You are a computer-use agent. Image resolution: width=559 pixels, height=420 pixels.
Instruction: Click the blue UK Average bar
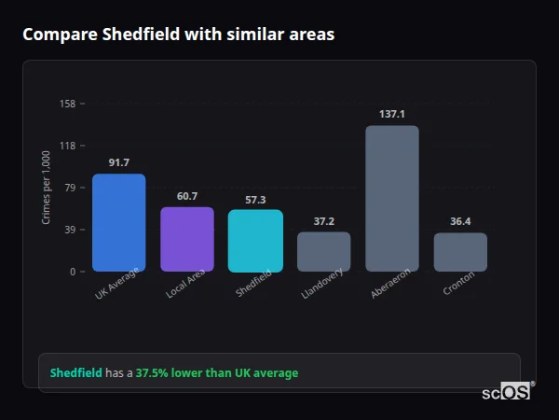[118, 223]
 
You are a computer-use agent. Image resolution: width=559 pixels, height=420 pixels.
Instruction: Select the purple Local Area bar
[187, 239]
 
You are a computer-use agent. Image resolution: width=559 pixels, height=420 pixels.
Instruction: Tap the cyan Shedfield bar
[255, 241]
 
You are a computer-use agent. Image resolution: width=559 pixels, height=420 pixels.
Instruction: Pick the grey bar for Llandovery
[323, 252]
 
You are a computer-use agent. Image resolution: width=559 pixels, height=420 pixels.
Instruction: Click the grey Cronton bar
[460, 252]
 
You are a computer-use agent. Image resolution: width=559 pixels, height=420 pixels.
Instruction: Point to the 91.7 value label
[118, 163]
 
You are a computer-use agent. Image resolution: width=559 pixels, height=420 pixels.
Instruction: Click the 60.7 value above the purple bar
[187, 196]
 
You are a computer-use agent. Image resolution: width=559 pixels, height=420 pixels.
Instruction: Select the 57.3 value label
[255, 200]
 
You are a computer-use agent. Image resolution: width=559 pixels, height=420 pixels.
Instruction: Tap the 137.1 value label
[392, 114]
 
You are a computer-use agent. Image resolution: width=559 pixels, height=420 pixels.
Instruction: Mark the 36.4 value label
[460, 222]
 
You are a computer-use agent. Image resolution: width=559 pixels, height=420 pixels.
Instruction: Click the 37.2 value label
[323, 221]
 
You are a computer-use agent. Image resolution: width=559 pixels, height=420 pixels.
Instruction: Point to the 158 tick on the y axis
[67, 104]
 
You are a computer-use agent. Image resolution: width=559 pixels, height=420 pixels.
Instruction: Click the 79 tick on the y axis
[70, 188]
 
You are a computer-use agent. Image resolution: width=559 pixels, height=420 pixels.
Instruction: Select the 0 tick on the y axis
[73, 272]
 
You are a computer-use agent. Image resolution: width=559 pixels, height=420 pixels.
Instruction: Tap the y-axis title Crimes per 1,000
[46, 188]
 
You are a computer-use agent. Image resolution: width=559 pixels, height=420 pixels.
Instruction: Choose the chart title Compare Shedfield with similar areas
[178, 35]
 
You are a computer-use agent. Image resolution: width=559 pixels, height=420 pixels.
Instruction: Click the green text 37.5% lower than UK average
[217, 373]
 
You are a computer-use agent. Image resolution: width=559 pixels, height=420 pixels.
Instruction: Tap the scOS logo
[507, 392]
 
